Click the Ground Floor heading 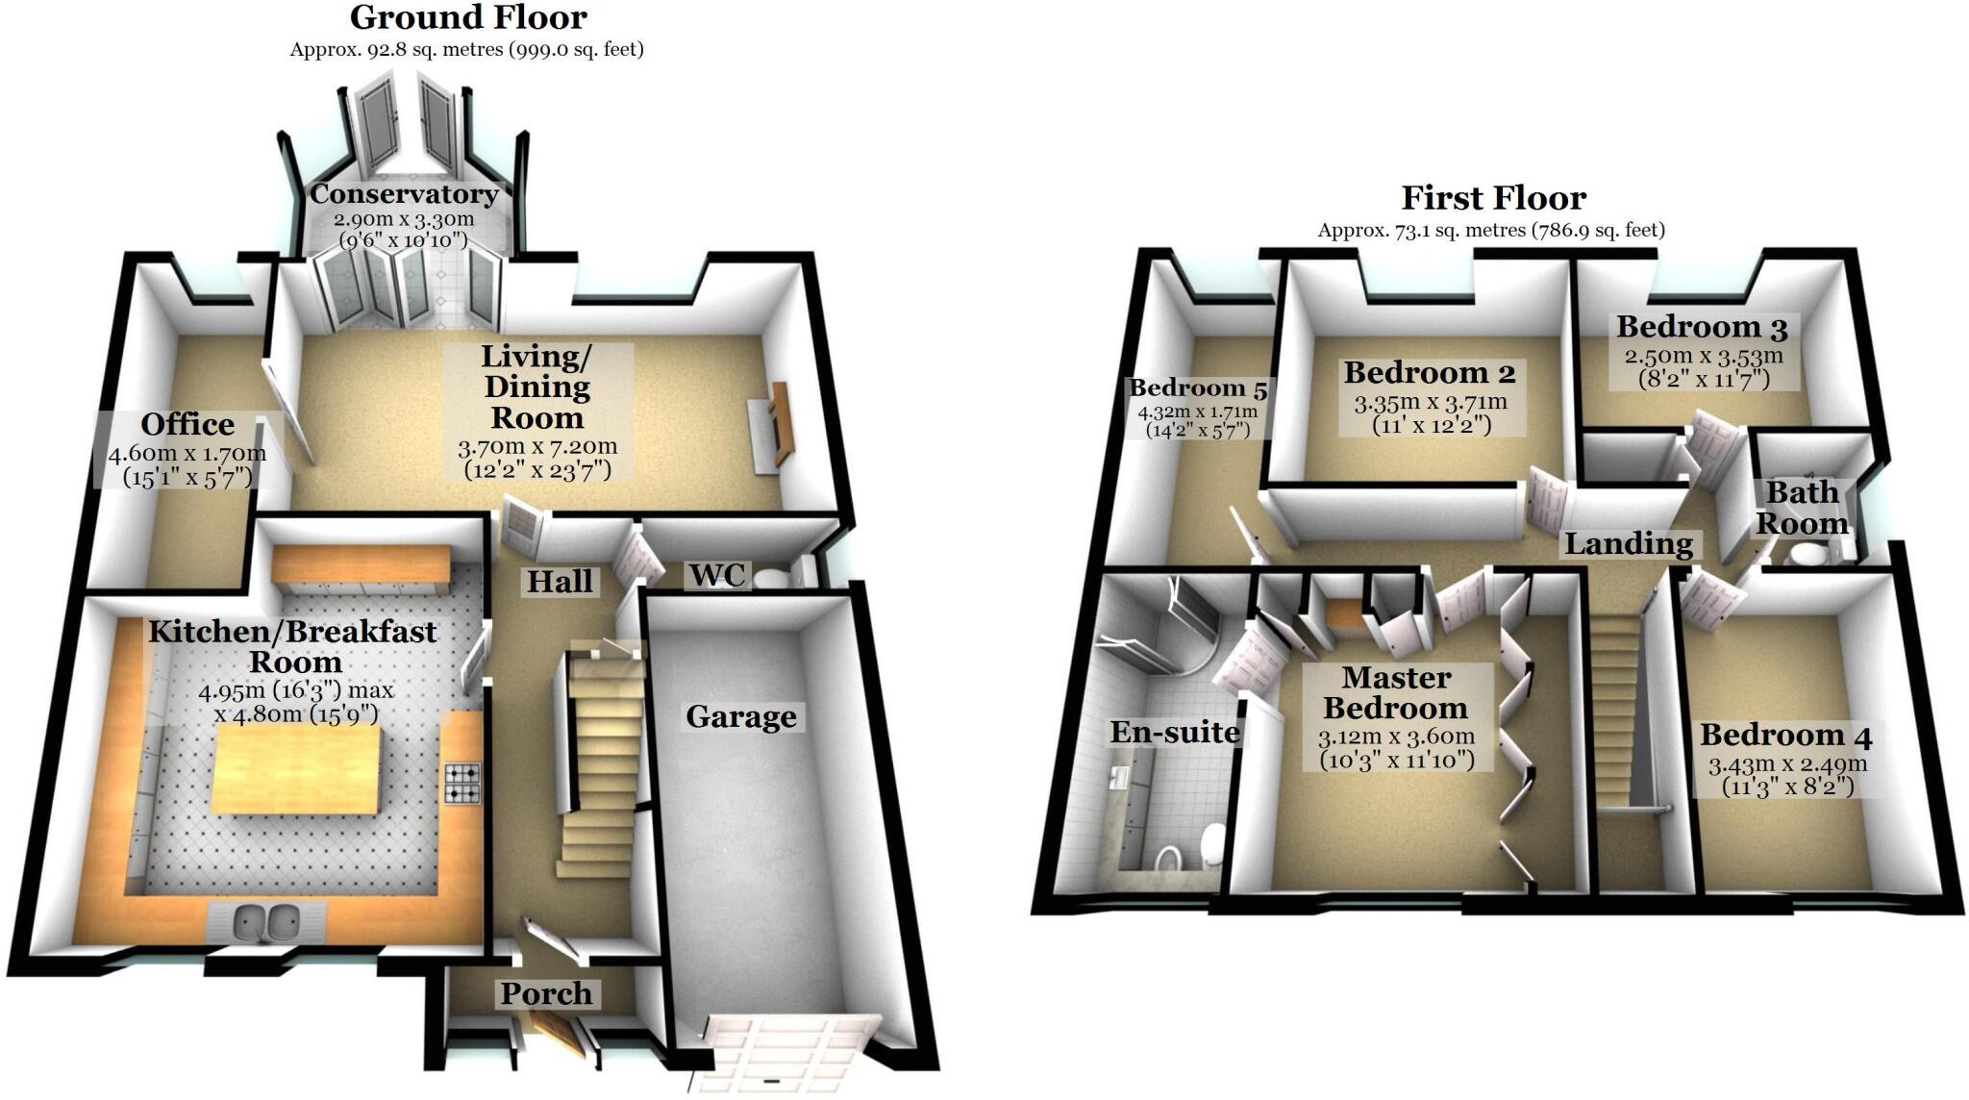tap(467, 17)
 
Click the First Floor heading tap(1492, 198)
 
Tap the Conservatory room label tap(404, 194)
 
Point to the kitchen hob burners tap(461, 782)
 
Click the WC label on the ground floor tap(717, 575)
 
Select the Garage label tap(740, 716)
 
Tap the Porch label tap(545, 993)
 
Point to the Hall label tap(560, 582)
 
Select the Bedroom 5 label tap(1197, 388)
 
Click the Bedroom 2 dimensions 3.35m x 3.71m tap(1430, 403)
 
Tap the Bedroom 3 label tap(1701, 327)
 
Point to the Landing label tap(1628, 544)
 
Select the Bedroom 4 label tap(1785, 736)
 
